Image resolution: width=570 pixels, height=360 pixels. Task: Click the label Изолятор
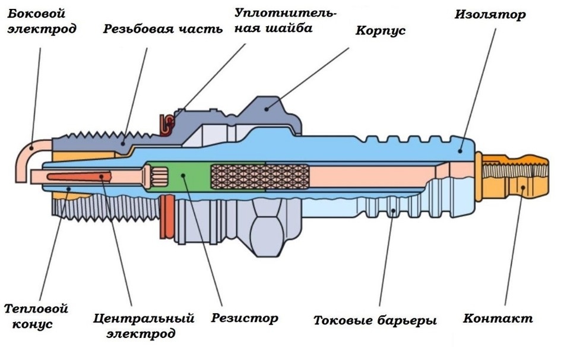point(490,15)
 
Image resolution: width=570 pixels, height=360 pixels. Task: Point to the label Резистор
point(244,318)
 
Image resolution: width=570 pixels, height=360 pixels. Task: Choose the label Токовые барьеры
point(375,321)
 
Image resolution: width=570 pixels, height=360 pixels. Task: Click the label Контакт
point(498,318)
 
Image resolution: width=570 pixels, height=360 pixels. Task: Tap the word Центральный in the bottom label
point(144,318)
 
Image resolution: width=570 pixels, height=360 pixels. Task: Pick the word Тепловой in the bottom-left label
point(36,309)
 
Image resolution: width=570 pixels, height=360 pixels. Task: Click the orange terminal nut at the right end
point(515,176)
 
